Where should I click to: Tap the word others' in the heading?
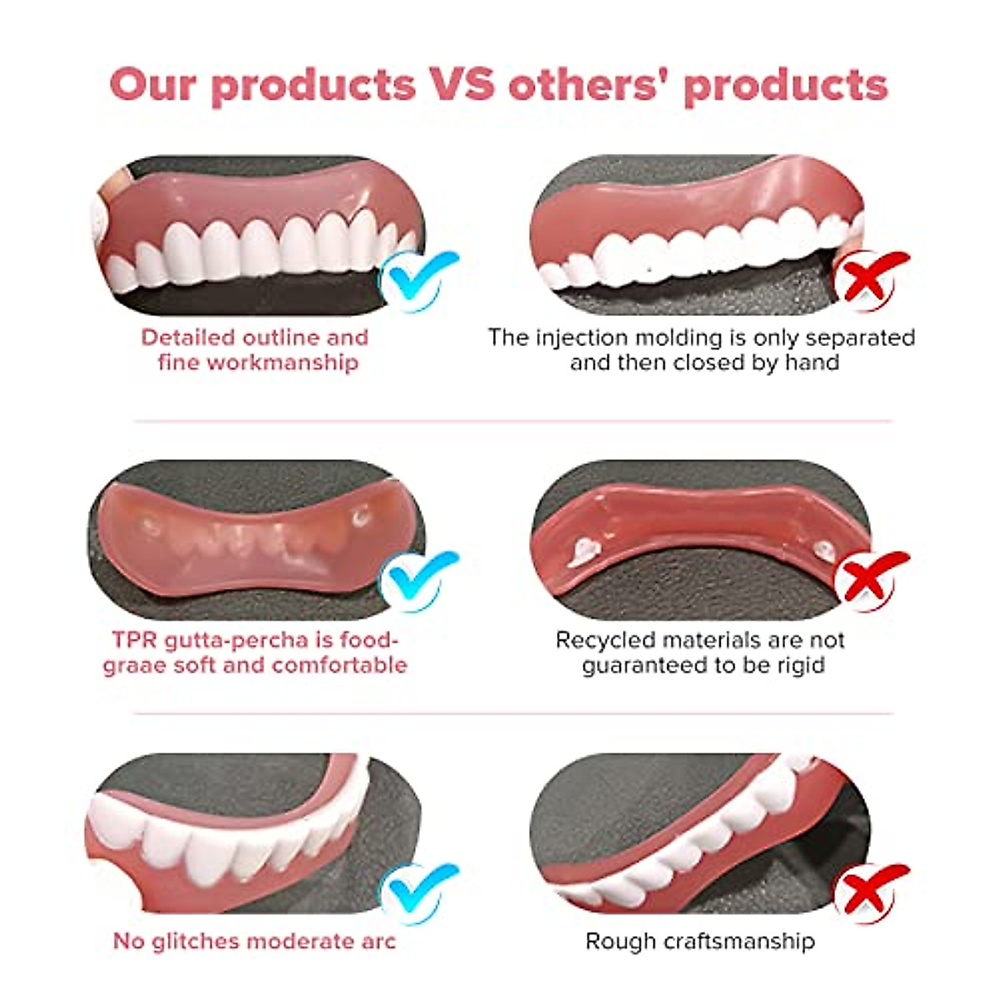click(x=588, y=84)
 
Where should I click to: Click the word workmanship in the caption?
click(x=283, y=363)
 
